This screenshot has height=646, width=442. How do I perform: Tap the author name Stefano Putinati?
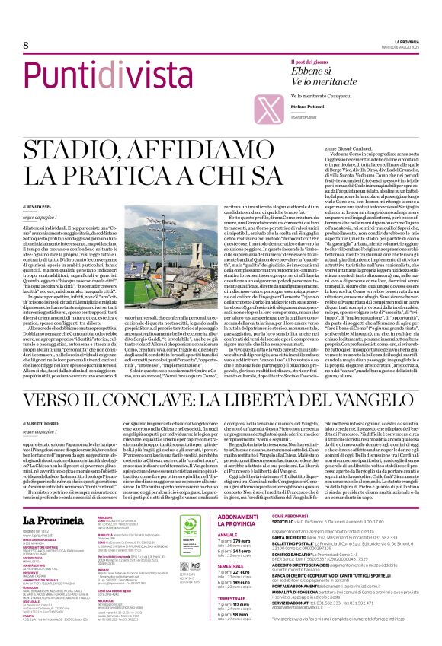tap(306, 110)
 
